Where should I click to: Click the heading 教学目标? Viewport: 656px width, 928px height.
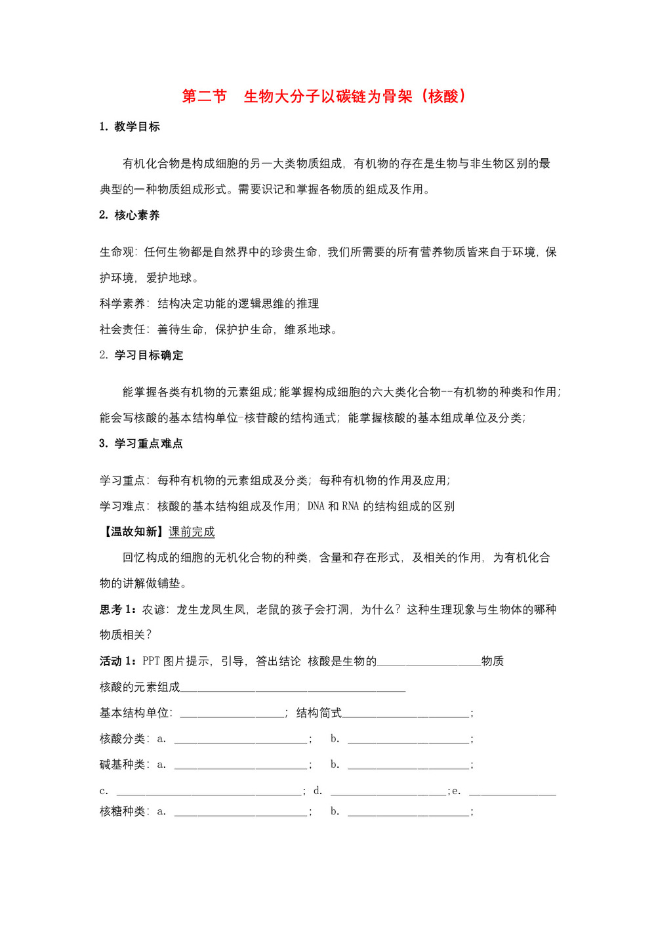136,127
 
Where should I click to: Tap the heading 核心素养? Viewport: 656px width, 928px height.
136,215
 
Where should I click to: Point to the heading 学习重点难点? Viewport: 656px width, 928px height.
148,444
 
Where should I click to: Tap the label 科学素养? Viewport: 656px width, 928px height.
123,304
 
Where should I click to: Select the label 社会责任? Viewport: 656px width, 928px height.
123,329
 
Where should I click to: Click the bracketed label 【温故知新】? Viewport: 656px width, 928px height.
133,532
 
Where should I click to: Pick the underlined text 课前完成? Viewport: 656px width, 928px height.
192,532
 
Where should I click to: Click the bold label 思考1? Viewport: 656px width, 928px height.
118,610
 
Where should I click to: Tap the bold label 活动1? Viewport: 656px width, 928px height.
118,661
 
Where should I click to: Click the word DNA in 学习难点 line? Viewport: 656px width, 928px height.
316,506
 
